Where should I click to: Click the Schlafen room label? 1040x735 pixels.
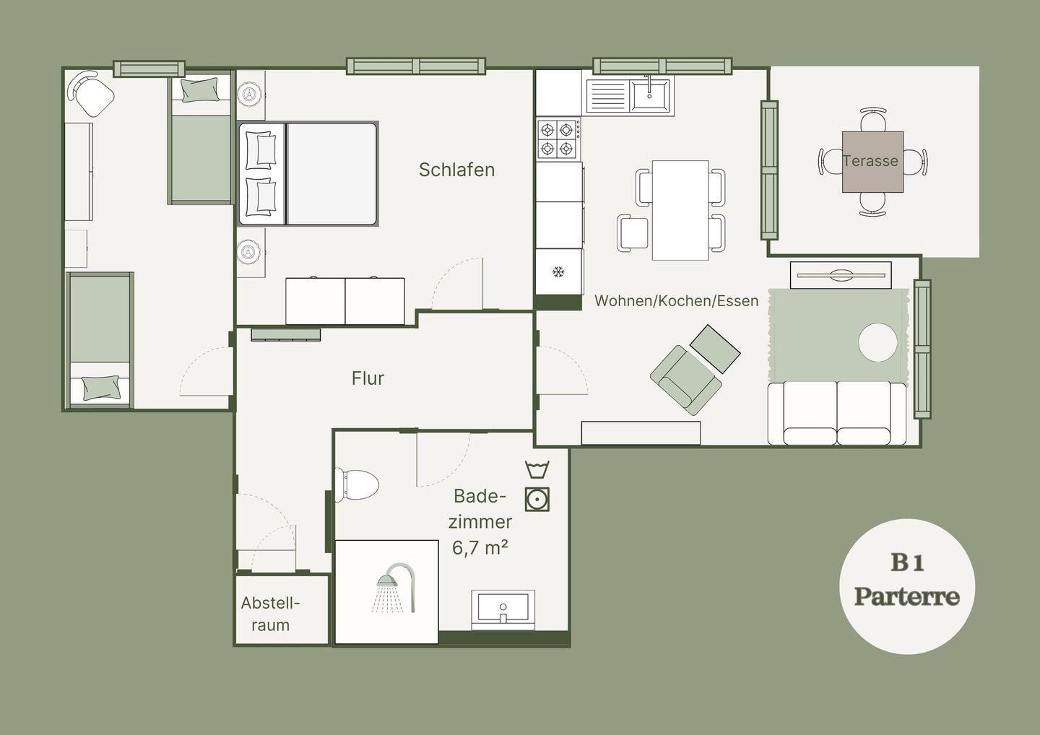(457, 170)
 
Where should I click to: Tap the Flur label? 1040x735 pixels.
(368, 378)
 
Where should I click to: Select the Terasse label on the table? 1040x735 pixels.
(870, 161)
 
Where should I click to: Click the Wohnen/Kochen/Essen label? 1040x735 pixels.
(677, 300)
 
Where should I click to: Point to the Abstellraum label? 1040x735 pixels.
(271, 614)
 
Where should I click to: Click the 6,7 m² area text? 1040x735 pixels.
(480, 548)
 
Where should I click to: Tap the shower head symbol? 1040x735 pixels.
(394, 588)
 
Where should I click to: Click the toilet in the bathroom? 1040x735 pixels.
(357, 485)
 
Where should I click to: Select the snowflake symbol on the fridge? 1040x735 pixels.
(558, 272)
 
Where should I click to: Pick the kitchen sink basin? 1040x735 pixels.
(649, 95)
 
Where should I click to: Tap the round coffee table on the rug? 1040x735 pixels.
(877, 342)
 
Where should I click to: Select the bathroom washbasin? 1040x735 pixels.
(503, 609)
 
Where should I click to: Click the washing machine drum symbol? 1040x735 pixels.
(537, 500)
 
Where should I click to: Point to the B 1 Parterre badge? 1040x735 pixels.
(907, 586)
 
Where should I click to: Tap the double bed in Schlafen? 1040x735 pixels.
(308, 174)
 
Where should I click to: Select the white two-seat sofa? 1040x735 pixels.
(837, 413)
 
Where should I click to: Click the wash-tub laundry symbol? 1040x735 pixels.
(537, 469)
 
